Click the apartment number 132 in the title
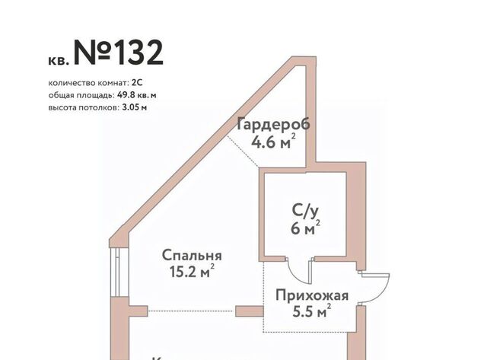[140, 53]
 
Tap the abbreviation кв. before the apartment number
[59, 60]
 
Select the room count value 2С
[137, 83]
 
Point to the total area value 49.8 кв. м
[137, 95]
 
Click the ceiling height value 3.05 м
[135, 107]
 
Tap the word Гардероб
[273, 125]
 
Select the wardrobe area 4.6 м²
[273, 142]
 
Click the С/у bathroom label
[305, 212]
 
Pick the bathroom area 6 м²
[305, 228]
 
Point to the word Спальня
[192, 256]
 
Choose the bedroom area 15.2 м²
[192, 272]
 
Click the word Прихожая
[312, 295]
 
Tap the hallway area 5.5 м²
[311, 311]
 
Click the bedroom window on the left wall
[115, 272]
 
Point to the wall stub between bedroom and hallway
[250, 311]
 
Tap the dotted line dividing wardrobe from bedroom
[243, 151]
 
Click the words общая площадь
[81, 95]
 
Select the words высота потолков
[83, 108]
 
